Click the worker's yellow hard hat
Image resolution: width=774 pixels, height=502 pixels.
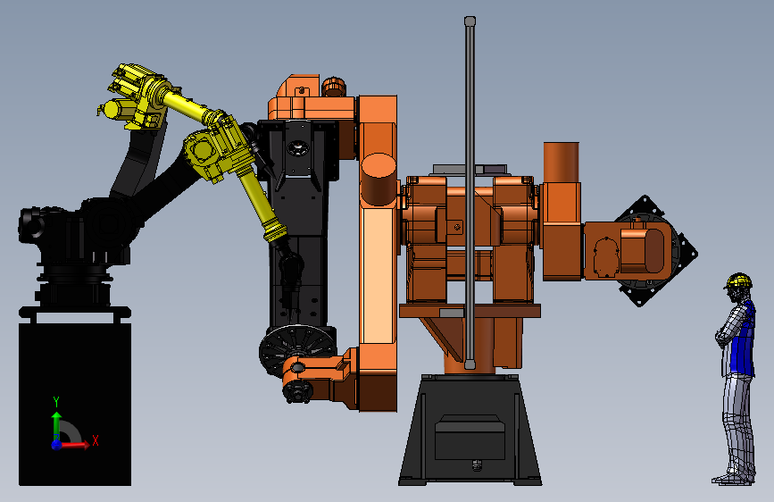[x=738, y=280]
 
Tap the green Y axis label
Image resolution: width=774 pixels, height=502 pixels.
[x=56, y=401]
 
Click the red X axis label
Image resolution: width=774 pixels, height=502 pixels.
[x=96, y=440]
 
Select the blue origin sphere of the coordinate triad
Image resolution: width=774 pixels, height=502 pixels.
[x=56, y=445]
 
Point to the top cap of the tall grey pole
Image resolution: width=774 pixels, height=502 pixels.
[x=470, y=21]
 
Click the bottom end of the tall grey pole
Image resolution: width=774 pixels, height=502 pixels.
[x=470, y=364]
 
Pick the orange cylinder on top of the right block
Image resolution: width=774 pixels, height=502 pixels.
[x=561, y=163]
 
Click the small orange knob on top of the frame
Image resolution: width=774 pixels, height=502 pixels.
[x=333, y=86]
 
